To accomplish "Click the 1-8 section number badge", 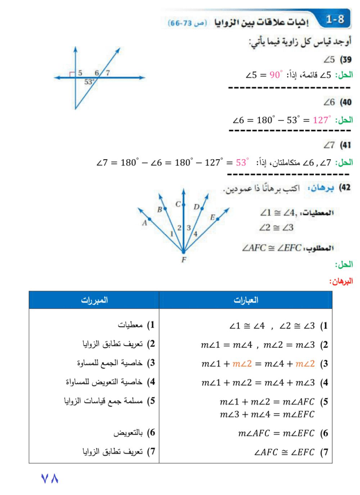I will [x=335, y=19].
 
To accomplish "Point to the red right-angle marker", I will [x=72, y=75].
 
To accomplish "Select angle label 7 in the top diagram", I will [x=108, y=73].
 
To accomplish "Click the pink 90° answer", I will [x=276, y=75].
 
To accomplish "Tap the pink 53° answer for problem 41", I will [x=242, y=162].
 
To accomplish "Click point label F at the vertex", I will [x=184, y=259].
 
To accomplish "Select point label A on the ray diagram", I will [x=144, y=223].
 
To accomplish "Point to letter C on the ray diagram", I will [x=178, y=204].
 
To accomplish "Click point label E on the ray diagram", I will [x=212, y=217].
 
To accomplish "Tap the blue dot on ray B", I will [x=165, y=208].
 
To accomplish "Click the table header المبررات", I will [x=94, y=300].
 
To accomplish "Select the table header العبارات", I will [x=246, y=300].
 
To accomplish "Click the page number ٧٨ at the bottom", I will [x=50, y=478].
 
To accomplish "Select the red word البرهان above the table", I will [x=341, y=281].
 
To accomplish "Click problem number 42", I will [x=345, y=188].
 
